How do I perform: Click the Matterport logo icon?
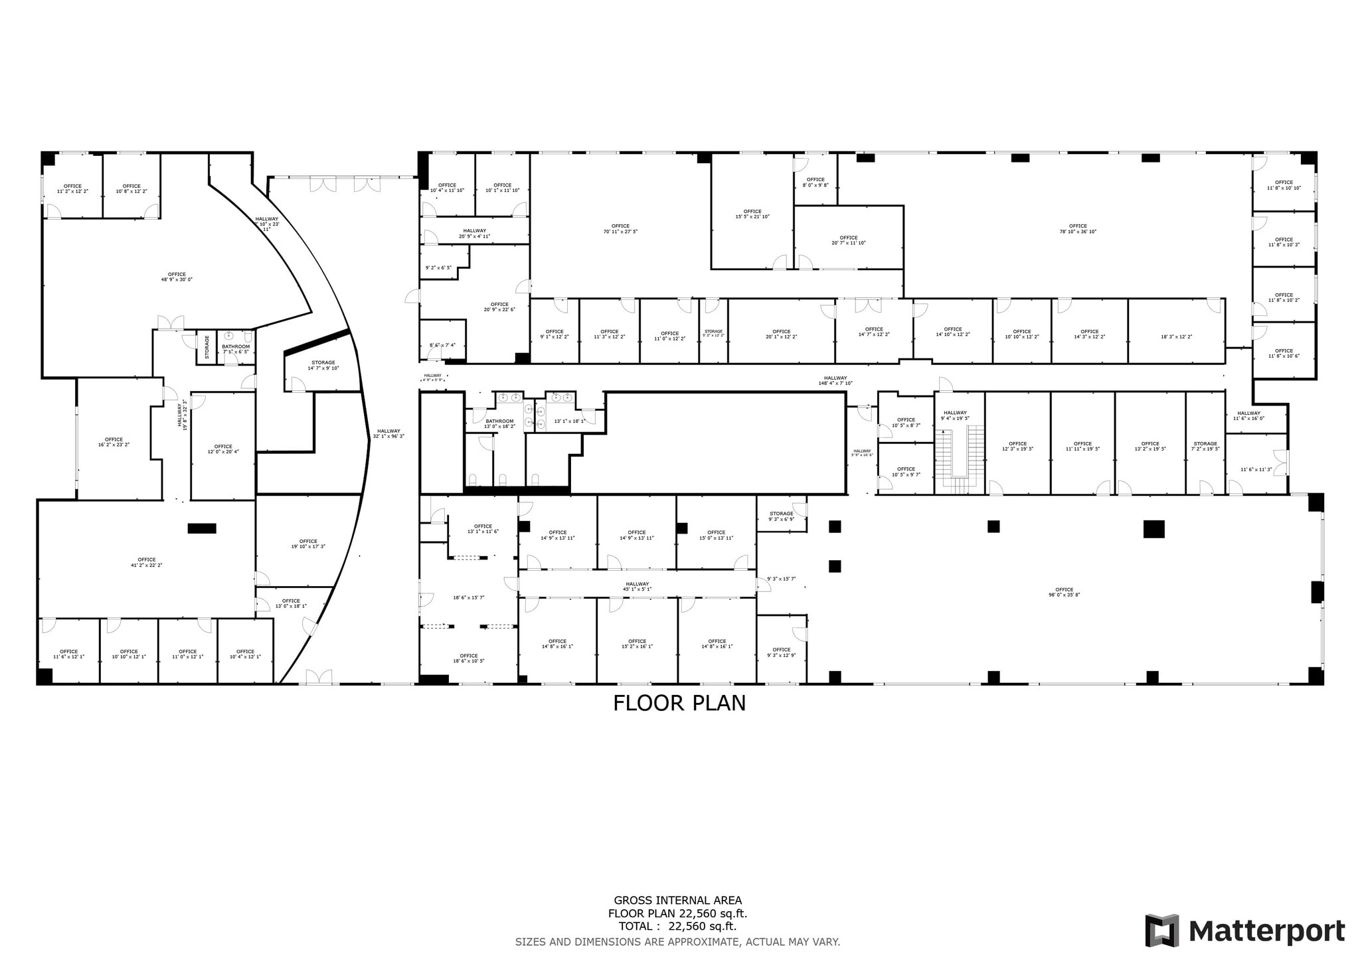(1161, 931)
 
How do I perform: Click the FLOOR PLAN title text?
(679, 703)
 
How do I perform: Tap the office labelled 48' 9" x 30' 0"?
(177, 277)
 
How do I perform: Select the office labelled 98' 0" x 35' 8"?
(1064, 592)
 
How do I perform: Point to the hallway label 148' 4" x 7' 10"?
(835, 380)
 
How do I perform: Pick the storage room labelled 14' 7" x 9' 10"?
(323, 366)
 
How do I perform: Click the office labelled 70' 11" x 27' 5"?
(620, 228)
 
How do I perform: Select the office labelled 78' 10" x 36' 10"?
(1078, 228)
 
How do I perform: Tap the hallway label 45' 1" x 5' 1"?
(637, 586)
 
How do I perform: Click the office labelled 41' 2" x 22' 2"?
(146, 562)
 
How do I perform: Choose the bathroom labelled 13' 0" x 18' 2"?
(499, 423)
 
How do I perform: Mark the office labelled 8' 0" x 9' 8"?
(815, 182)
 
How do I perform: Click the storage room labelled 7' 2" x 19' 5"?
(1205, 446)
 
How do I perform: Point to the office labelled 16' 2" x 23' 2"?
(114, 441)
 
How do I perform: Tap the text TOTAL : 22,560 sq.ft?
(677, 926)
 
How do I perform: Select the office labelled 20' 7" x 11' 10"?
(848, 240)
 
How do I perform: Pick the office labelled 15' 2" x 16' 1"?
(637, 644)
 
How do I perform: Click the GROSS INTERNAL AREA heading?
(677, 901)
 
